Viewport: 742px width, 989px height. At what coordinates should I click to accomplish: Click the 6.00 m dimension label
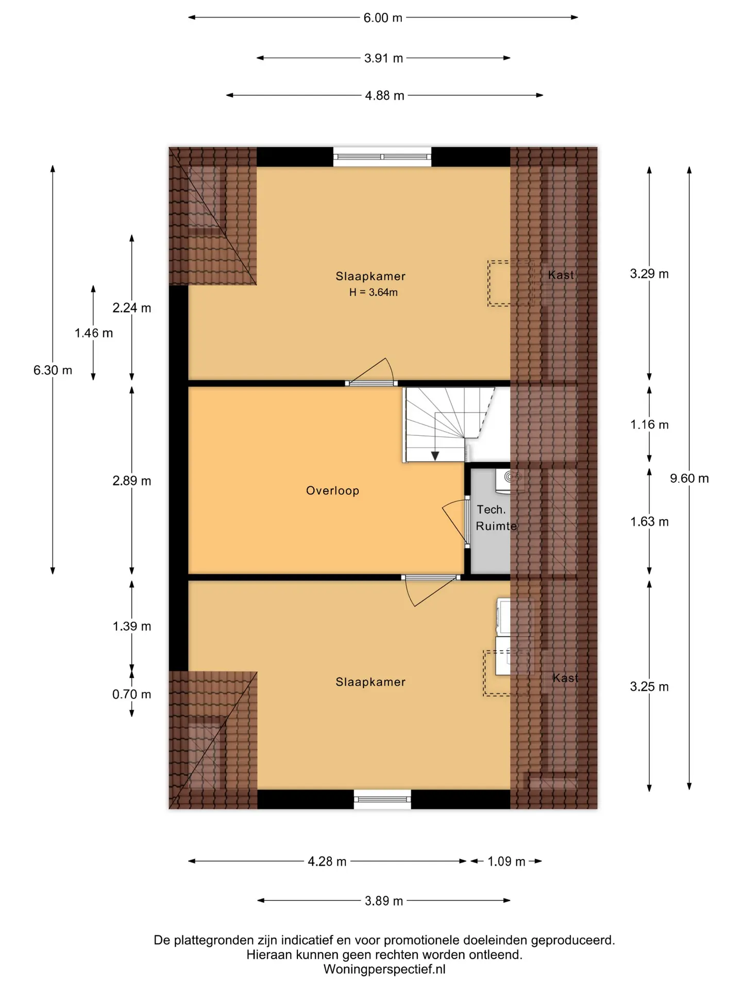point(383,18)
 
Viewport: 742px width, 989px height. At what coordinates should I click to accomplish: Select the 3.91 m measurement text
point(383,58)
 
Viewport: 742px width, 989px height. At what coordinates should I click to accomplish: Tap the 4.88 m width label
point(384,96)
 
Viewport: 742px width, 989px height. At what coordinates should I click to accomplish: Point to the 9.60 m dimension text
point(689,479)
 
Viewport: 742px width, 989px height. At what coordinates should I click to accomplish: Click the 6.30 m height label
point(53,370)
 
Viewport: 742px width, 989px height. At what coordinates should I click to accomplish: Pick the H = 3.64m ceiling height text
point(373,293)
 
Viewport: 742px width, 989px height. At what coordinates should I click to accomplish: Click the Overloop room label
point(332,491)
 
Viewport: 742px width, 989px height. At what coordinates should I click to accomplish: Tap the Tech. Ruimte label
point(496,518)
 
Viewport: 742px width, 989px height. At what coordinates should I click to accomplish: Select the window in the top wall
point(382,157)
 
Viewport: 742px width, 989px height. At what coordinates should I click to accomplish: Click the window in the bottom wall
point(382,799)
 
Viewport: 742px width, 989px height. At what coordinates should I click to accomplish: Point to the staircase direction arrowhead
point(435,456)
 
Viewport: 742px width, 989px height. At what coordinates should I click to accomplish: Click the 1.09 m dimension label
point(506,861)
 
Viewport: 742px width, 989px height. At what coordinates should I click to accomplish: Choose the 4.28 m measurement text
point(327,861)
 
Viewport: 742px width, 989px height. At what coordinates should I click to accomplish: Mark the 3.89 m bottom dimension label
point(384,901)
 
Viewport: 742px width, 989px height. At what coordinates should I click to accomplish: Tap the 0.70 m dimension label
point(132,694)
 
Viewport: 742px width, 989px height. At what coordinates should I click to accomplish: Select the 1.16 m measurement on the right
point(649,425)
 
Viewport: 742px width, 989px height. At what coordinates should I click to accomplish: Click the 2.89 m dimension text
point(132,481)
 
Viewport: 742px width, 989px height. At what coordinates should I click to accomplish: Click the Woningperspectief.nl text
point(384,969)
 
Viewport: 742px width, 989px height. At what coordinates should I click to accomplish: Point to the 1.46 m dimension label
point(94,333)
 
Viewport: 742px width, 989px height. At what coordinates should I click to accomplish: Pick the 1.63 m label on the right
point(649,522)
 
